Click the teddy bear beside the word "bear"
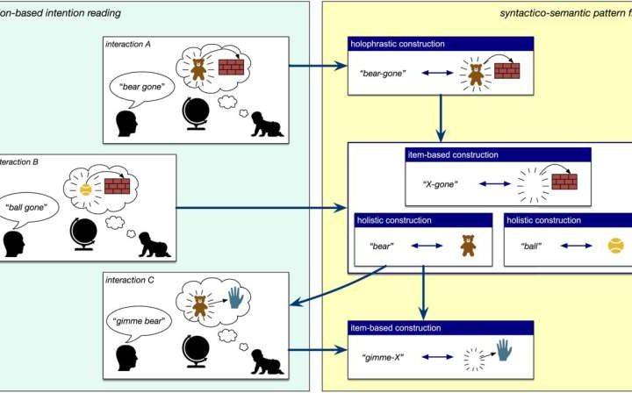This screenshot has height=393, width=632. tap(467, 247)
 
